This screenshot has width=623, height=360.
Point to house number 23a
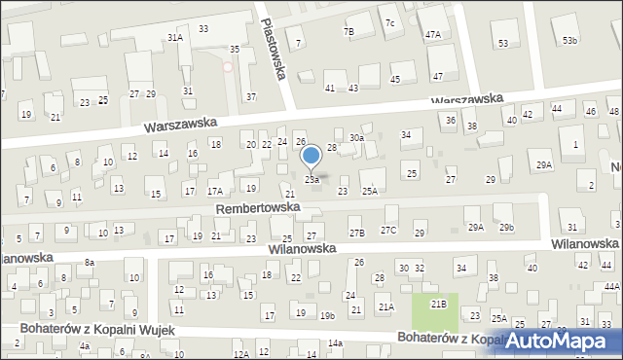coord(311,180)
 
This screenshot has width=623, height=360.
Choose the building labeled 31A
coord(175,37)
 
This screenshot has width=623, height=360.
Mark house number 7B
coord(348,31)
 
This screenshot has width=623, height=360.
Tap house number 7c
coord(389,22)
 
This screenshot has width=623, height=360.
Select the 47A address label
coord(433,35)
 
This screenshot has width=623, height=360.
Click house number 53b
coord(569,40)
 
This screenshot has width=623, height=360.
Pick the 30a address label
coord(357,138)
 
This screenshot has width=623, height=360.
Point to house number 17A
coord(214,191)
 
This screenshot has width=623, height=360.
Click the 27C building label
coord(388,230)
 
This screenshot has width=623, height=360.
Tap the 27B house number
coord(357,233)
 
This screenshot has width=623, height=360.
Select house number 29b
coord(506,228)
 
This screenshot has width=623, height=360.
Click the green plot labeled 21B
coord(439,306)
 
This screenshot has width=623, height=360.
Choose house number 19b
coord(328,314)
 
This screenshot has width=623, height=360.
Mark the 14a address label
coord(335,343)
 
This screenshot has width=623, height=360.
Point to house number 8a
coord(89,263)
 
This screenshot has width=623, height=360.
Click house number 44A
coord(611,287)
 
